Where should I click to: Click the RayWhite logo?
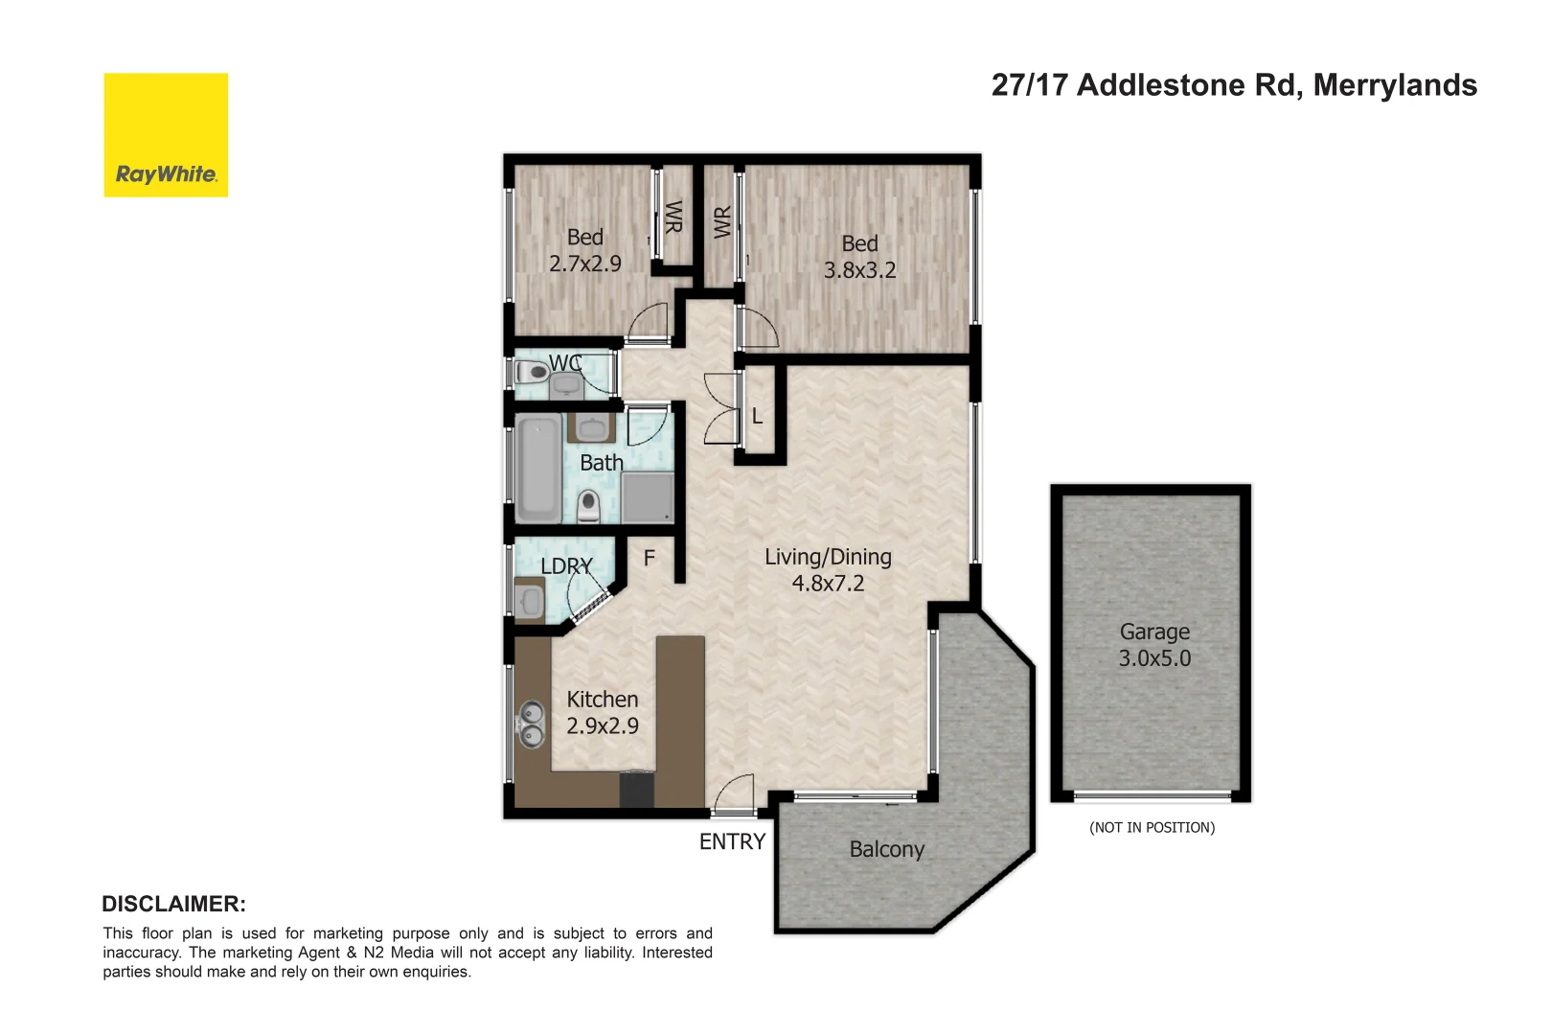166,135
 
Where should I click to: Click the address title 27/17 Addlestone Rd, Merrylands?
1233,85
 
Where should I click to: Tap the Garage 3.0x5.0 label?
1154,645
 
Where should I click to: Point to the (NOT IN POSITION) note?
1152,827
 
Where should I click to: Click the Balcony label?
886,849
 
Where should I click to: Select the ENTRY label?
732,841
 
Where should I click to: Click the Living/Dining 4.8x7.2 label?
828,569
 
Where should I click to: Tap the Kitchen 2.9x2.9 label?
602,712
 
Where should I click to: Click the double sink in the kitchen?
531,724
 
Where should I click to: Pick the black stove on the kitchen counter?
636,790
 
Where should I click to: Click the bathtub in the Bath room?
538,469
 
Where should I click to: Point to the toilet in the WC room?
533,372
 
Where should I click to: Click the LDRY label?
565,566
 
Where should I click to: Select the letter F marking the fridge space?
649,558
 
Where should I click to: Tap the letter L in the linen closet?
757,417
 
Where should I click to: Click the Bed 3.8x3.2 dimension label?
859,257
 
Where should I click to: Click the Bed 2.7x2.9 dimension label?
584,250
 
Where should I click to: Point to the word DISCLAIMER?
173,904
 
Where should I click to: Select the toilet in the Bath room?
588,505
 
